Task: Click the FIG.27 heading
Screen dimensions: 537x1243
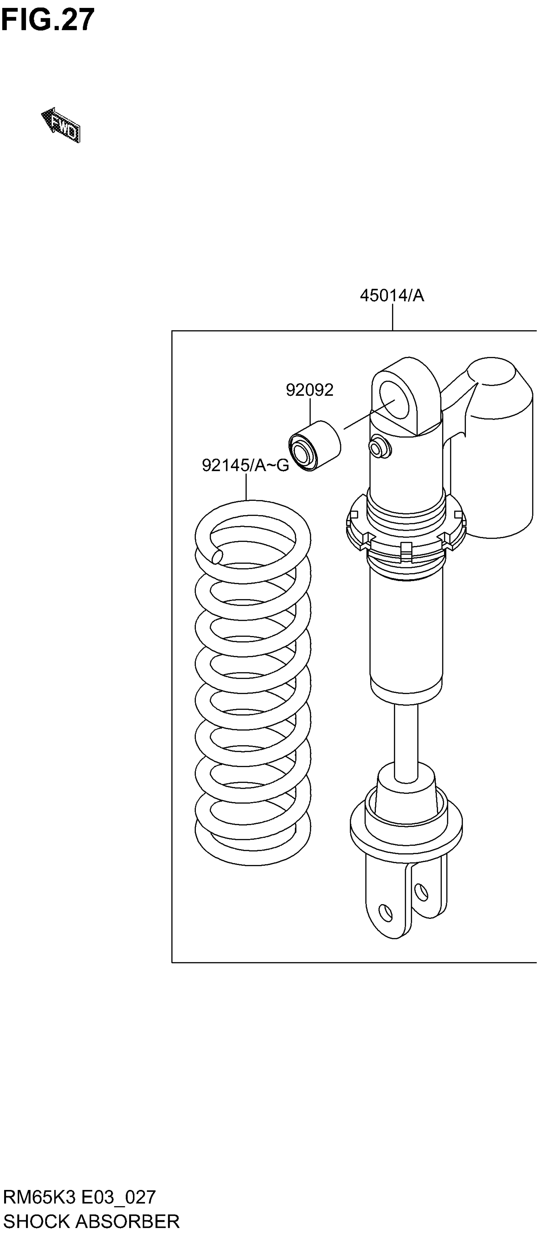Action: [x=47, y=20]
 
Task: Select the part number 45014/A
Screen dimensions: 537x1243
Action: [x=392, y=295]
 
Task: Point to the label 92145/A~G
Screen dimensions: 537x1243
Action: [x=245, y=465]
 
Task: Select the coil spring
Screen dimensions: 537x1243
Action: [x=253, y=685]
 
